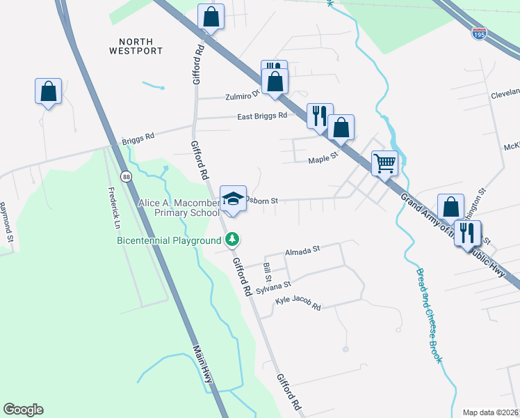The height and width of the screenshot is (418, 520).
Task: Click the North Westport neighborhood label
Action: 136,47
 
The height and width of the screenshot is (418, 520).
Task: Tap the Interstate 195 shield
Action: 478,33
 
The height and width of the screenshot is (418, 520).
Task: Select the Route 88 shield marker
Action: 125,176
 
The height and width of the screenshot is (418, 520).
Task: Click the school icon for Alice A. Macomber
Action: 234,199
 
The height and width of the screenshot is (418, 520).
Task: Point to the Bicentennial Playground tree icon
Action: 233,240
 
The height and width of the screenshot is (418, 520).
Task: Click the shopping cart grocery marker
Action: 384,164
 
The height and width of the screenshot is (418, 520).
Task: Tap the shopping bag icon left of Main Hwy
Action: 48,91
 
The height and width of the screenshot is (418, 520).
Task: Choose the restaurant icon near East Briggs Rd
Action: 320,116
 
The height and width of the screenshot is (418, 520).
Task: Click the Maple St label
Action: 323,159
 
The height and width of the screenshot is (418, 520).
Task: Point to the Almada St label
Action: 302,249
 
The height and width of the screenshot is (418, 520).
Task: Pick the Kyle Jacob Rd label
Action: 298,303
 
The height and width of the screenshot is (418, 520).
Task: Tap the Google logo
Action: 23,410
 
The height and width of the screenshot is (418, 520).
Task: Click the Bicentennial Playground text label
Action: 168,241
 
